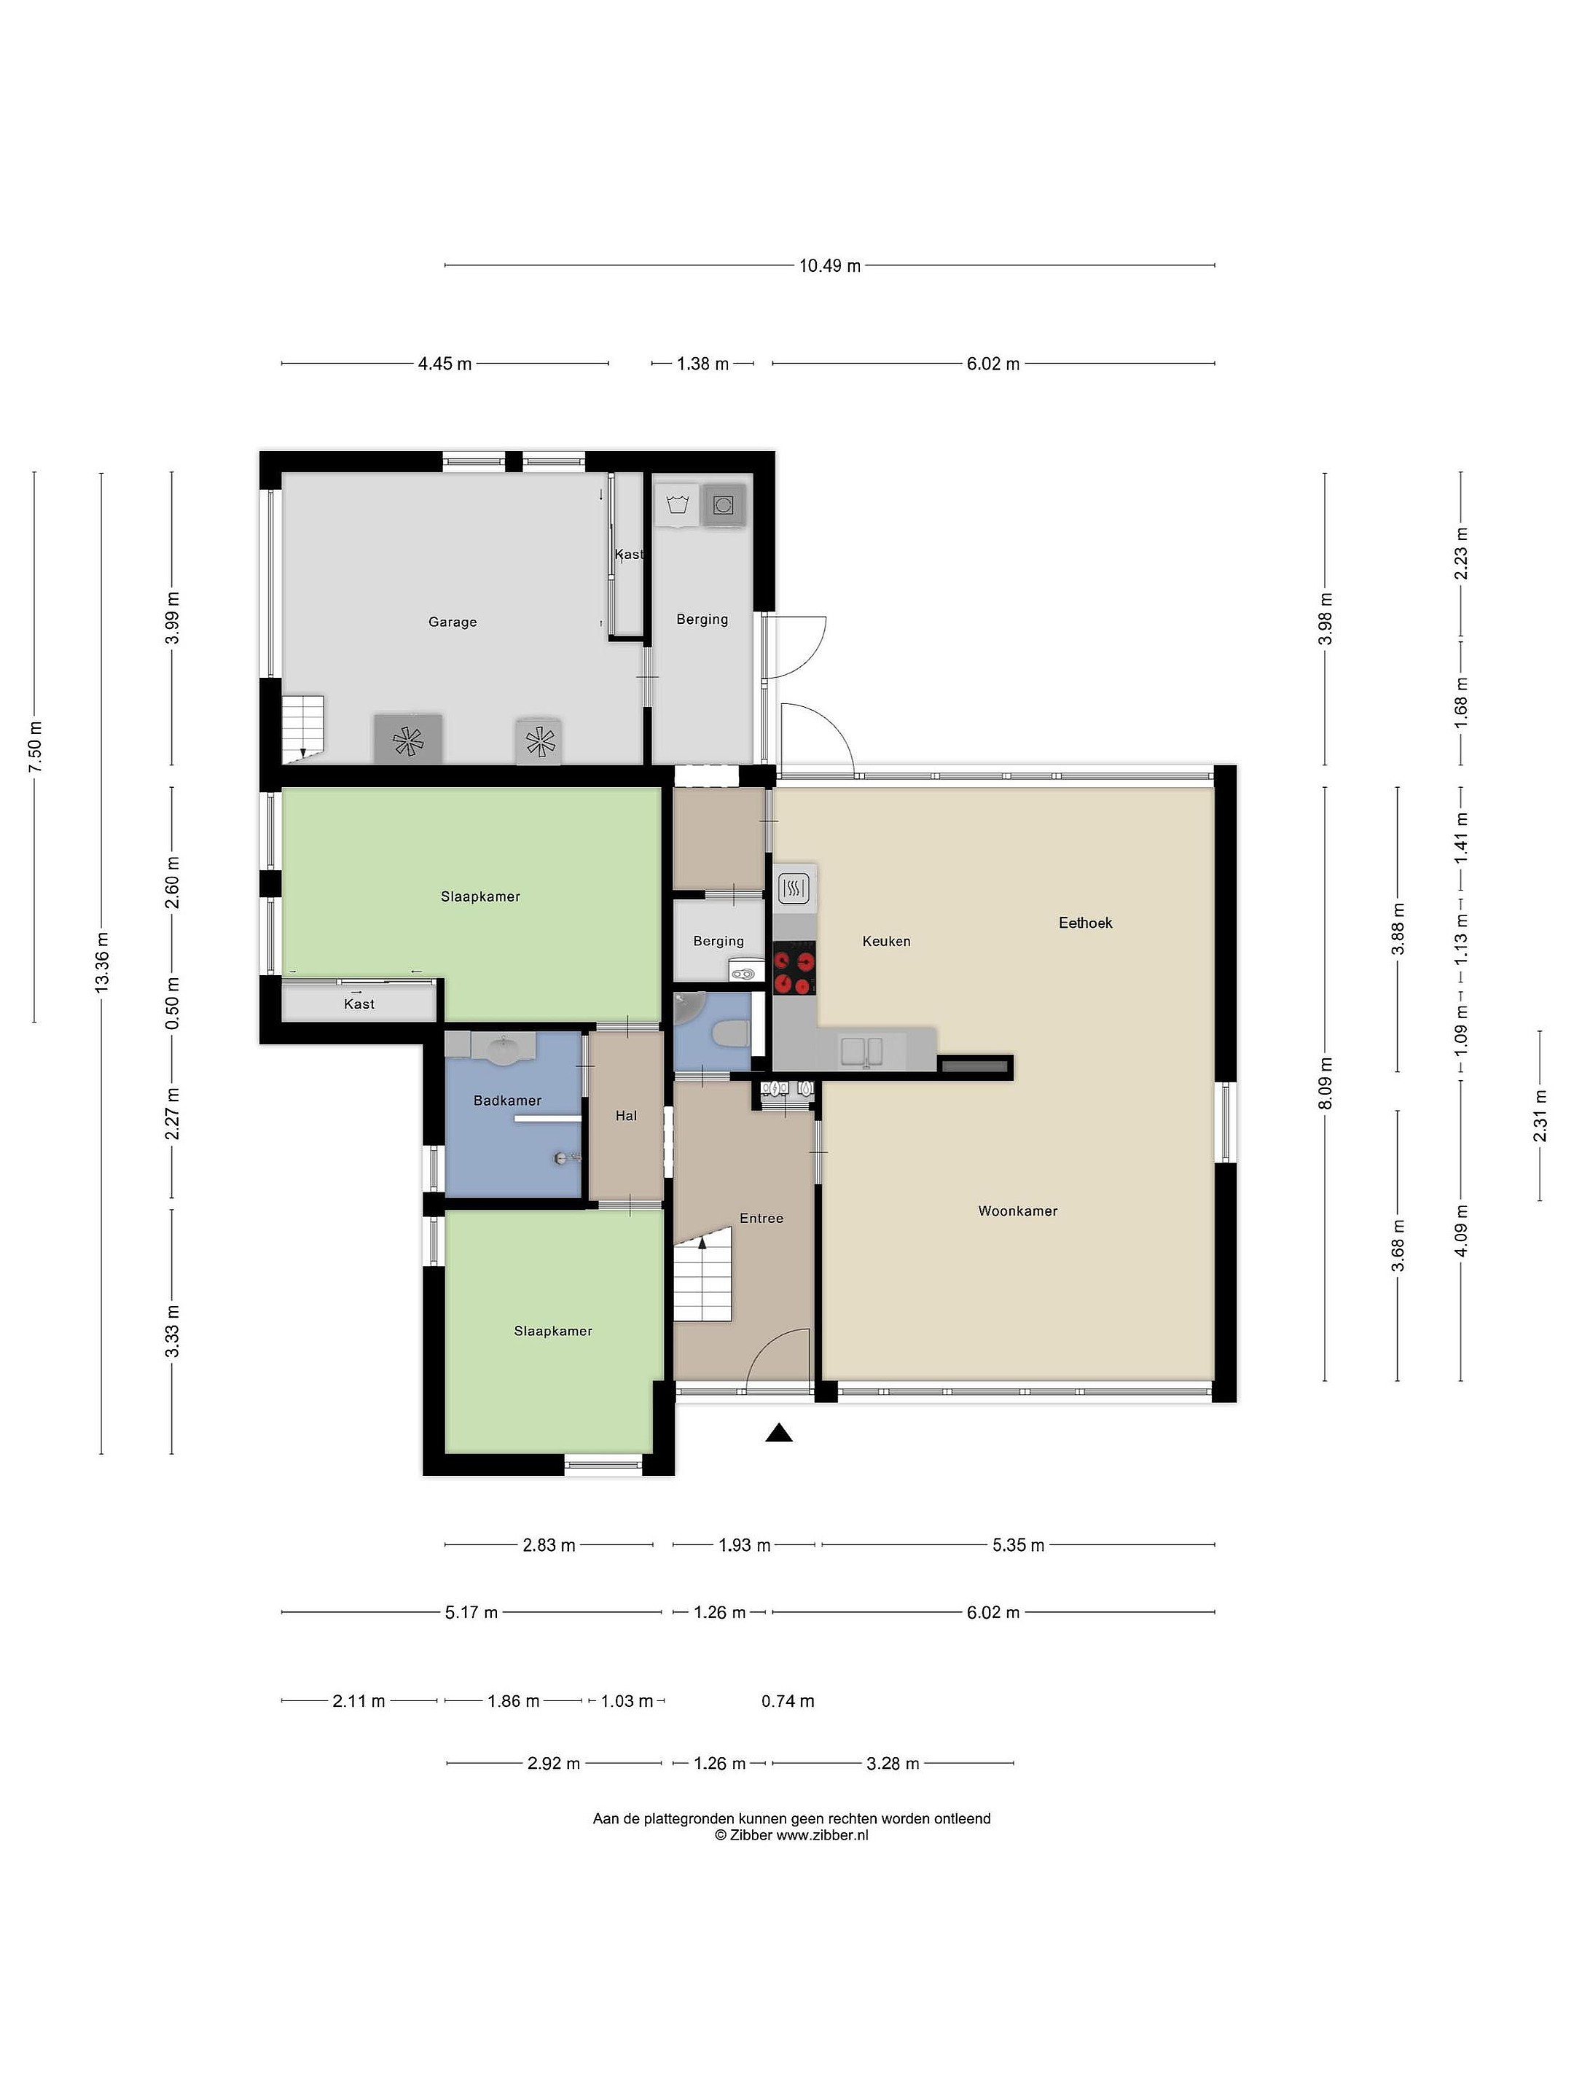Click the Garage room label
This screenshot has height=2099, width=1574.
(452, 622)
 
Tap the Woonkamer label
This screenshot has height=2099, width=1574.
(1017, 1211)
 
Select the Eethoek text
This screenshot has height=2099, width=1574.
(1085, 923)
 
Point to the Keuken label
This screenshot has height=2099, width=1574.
(886, 942)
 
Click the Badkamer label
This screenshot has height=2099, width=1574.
(508, 1101)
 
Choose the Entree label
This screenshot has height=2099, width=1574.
(761, 1219)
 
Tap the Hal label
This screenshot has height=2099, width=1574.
(626, 1116)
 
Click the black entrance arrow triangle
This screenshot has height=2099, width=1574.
(779, 1433)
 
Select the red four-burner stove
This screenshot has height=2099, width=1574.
(795, 971)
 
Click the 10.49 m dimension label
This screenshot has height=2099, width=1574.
(829, 266)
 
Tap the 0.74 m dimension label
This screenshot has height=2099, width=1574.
(788, 1701)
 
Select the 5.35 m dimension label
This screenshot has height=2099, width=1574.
(1018, 1545)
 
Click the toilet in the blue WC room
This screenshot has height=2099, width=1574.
(731, 1035)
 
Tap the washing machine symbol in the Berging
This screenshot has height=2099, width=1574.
(724, 505)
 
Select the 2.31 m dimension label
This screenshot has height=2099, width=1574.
(1539, 1115)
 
